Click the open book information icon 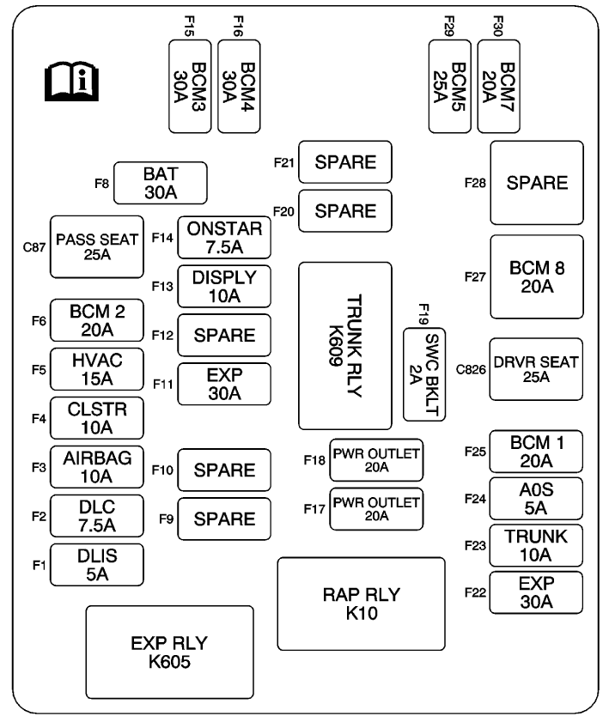(71, 82)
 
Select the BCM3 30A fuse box (190, 87)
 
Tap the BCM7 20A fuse (498, 87)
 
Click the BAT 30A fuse (161, 183)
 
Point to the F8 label (101, 184)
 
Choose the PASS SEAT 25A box (97, 246)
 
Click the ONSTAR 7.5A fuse (224, 238)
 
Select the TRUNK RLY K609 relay (345, 346)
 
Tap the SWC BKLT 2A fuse (424, 374)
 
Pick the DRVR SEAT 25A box (536, 369)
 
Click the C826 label (471, 370)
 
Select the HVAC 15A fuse (97, 369)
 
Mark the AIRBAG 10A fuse (97, 467)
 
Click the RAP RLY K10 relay (361, 604)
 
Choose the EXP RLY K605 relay (169, 652)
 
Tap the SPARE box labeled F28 (537, 183)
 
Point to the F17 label (314, 509)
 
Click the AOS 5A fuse (536, 499)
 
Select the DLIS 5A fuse (97, 565)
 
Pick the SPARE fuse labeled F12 (224, 335)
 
